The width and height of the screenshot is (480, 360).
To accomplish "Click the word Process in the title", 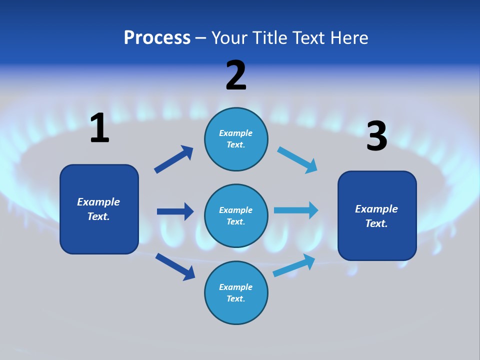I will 157,38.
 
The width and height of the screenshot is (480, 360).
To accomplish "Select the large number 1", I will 99,128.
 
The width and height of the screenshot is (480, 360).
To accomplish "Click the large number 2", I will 236,75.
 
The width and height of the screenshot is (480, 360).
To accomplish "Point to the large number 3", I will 377,137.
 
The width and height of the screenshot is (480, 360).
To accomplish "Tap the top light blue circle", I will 236,139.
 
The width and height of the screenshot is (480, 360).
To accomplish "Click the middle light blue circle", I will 236,215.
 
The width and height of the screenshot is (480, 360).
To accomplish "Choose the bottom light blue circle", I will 236,292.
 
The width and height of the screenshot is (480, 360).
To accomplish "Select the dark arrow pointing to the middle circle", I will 175,211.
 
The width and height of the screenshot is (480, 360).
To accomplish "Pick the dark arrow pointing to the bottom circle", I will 175,266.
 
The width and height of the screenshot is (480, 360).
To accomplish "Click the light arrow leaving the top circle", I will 297,159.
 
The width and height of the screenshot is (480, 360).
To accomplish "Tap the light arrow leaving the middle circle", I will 296,210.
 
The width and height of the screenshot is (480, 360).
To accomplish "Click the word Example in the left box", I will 98,202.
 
